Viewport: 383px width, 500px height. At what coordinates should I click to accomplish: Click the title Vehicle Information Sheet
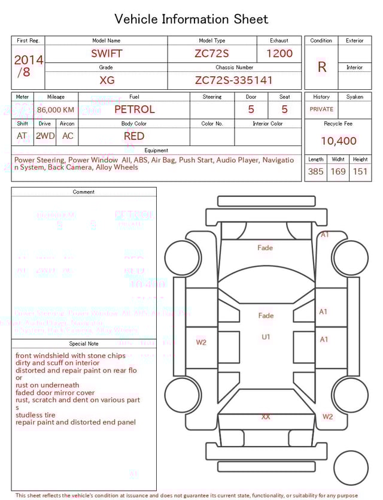tap(191, 19)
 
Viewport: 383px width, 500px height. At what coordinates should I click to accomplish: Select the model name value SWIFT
tap(107, 53)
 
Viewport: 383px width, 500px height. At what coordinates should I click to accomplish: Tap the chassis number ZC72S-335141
tap(234, 80)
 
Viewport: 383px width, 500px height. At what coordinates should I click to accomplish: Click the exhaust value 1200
tap(279, 53)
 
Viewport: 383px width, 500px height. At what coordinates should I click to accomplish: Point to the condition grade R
tap(322, 67)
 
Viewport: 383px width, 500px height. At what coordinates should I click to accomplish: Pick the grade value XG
tap(107, 80)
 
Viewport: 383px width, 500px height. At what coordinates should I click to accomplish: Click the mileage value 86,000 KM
tap(56, 110)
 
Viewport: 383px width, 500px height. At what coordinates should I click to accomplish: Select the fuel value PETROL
tap(134, 109)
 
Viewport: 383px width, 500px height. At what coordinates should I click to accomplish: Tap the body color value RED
tap(134, 136)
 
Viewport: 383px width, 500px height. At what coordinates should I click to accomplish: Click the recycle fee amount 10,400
tap(338, 141)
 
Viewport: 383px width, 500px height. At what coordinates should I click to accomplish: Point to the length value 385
tap(315, 171)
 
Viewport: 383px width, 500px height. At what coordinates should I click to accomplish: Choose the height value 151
tap(360, 171)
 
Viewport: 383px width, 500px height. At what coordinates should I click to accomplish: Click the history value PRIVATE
tap(321, 110)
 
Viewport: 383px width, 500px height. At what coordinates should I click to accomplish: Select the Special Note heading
tap(84, 344)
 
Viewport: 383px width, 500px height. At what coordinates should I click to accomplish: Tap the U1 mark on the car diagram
tap(266, 337)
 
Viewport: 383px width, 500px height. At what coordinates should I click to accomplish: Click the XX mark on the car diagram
tap(265, 416)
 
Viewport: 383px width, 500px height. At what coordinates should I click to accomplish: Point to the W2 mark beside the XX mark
tap(327, 416)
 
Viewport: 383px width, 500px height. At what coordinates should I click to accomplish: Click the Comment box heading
tap(84, 192)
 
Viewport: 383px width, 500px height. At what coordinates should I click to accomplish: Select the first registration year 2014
tap(28, 60)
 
